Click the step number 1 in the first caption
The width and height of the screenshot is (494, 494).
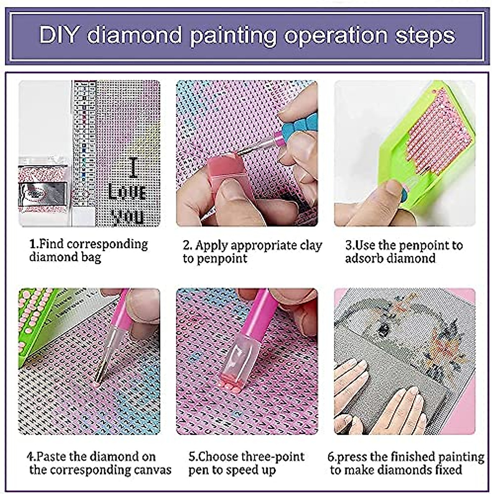tap(33, 244)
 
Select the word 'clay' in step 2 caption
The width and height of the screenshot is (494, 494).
tap(311, 245)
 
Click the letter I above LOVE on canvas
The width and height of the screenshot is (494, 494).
tap(133, 168)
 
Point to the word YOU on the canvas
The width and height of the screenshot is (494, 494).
tap(128, 217)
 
